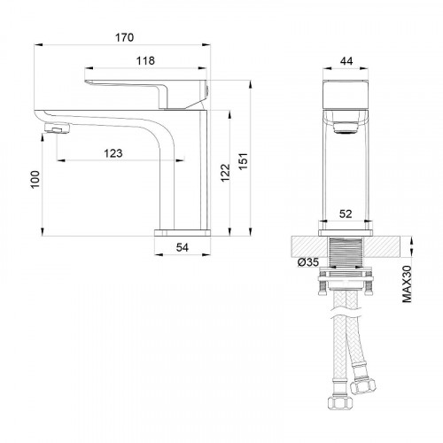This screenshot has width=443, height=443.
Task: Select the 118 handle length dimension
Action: point(147,61)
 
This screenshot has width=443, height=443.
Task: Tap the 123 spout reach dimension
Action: point(113,153)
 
